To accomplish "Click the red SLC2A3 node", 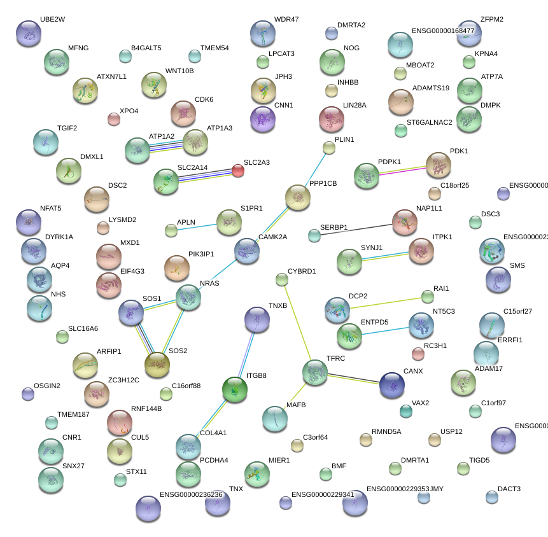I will point(237,170).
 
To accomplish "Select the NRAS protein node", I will point(188,296).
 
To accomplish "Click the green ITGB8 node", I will point(235,389).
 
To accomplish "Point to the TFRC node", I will point(314,372).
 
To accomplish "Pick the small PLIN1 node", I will point(328,148).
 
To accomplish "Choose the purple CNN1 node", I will point(263,118).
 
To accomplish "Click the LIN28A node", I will point(331,118).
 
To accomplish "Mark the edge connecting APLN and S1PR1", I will point(198,226).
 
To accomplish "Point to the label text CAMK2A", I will point(272,237).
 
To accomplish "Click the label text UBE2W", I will point(52,20).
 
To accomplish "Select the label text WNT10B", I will point(179,71).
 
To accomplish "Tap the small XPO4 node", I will point(114,119).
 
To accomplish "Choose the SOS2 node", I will point(157,364).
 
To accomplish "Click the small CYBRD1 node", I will point(282,279).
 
